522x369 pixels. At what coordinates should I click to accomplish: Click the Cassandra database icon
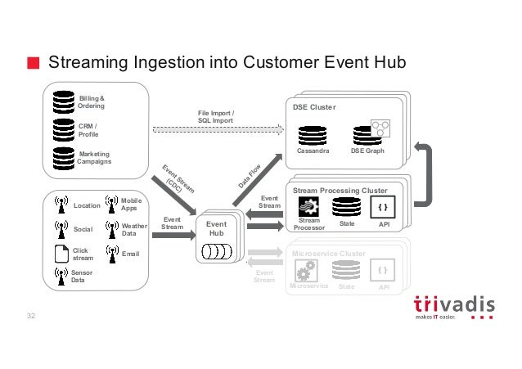click(313, 133)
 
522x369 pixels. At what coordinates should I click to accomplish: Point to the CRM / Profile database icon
click(63, 128)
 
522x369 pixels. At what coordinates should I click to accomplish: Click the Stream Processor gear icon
click(308, 206)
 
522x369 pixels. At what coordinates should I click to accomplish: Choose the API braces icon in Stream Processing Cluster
click(384, 206)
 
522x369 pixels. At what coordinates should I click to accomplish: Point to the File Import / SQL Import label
click(215, 116)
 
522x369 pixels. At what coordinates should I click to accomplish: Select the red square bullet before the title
click(32, 64)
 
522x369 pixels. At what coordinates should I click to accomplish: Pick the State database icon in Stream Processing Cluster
click(346, 205)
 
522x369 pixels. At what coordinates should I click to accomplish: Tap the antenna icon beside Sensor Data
click(60, 275)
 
